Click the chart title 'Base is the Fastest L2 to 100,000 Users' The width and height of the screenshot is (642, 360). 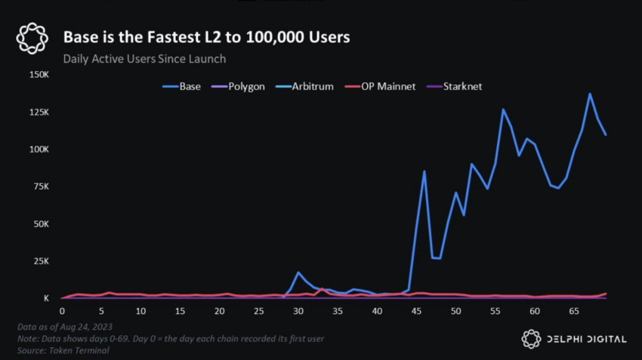click(x=206, y=37)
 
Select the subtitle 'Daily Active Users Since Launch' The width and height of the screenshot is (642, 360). click(x=144, y=59)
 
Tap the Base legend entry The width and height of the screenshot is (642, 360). click(x=181, y=87)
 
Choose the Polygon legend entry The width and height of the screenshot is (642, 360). click(x=238, y=87)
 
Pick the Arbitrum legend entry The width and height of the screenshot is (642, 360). click(x=304, y=87)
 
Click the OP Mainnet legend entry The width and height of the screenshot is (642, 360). click(x=380, y=87)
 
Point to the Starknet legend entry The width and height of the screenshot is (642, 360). click(x=454, y=87)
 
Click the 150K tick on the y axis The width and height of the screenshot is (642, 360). click(x=39, y=75)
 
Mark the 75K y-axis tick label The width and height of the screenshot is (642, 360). click(x=41, y=186)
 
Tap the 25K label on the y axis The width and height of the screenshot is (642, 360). click(x=41, y=261)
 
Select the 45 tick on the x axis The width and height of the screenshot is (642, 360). click(x=416, y=311)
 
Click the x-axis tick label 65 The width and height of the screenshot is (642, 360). click(x=574, y=311)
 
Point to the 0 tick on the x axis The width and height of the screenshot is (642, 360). click(x=62, y=311)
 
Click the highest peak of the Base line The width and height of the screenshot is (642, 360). click(x=590, y=94)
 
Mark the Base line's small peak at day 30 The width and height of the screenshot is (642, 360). click(x=298, y=272)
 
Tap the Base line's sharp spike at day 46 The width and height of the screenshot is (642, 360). click(x=424, y=171)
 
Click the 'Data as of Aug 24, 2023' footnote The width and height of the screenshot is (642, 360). click(x=65, y=327)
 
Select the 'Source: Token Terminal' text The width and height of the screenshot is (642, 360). click(x=63, y=351)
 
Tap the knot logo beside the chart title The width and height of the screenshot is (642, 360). click(x=32, y=38)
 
